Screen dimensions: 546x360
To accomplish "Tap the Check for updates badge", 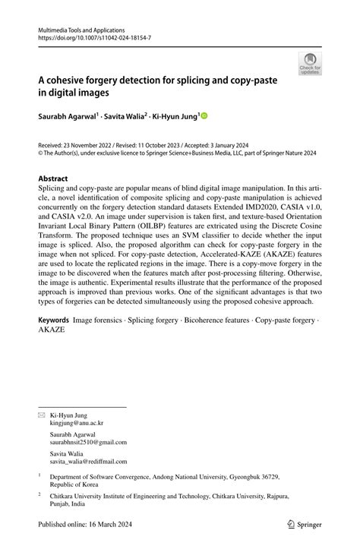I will tap(310, 63).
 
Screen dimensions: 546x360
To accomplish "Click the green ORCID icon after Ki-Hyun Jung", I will tap(204, 116).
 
